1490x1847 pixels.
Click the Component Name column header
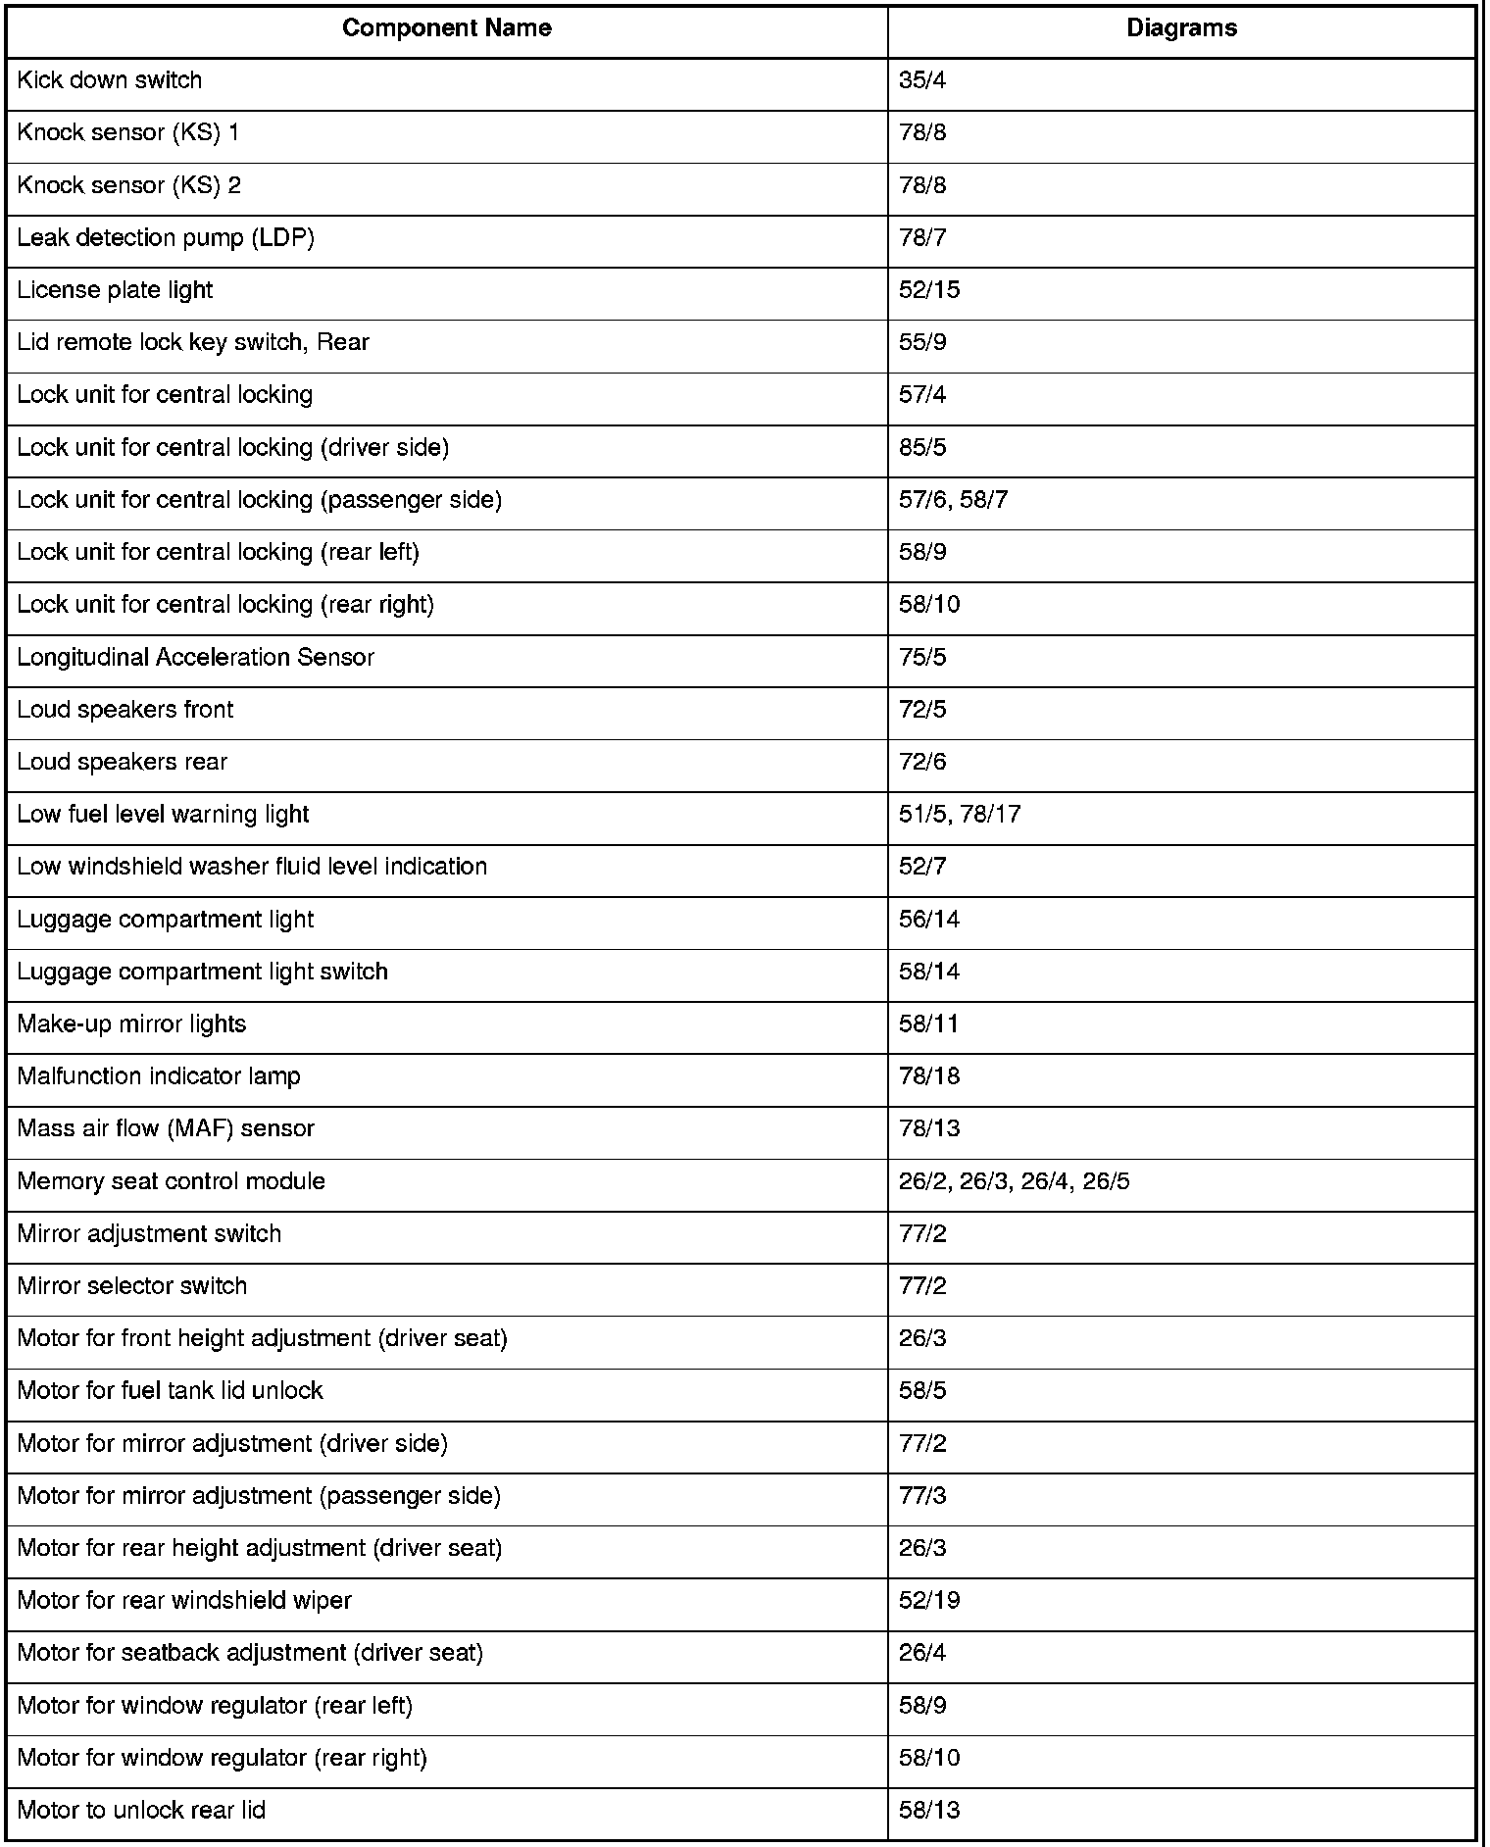pos(446,28)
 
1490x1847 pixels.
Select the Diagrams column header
pos(1180,28)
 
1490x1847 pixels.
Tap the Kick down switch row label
pos(110,80)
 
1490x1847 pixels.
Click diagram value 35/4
pos(922,80)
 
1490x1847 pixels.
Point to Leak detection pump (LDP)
pos(166,238)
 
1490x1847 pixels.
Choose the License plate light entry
pos(115,290)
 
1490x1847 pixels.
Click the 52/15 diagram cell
pos(928,290)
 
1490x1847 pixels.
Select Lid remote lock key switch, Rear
pos(193,343)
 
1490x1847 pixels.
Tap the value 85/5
pos(922,448)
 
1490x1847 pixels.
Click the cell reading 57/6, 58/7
pos(953,500)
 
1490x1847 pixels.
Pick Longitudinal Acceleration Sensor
pos(196,658)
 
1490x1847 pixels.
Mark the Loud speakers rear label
pos(123,763)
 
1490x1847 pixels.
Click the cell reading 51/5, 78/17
pos(959,815)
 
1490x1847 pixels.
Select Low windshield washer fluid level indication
pos(252,867)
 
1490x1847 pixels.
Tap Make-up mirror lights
pos(131,1024)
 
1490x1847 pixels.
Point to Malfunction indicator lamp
pos(159,1076)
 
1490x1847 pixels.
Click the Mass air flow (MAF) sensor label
pos(166,1129)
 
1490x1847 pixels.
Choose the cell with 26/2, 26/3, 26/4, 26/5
pos(1014,1181)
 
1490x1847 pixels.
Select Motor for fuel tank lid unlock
pos(170,1391)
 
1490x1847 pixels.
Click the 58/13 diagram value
pos(928,1811)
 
